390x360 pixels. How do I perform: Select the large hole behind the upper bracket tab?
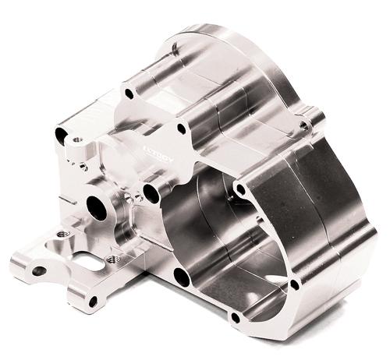[60, 136]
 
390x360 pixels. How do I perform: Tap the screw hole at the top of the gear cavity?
[240, 189]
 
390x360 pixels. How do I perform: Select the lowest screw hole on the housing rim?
[293, 286]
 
